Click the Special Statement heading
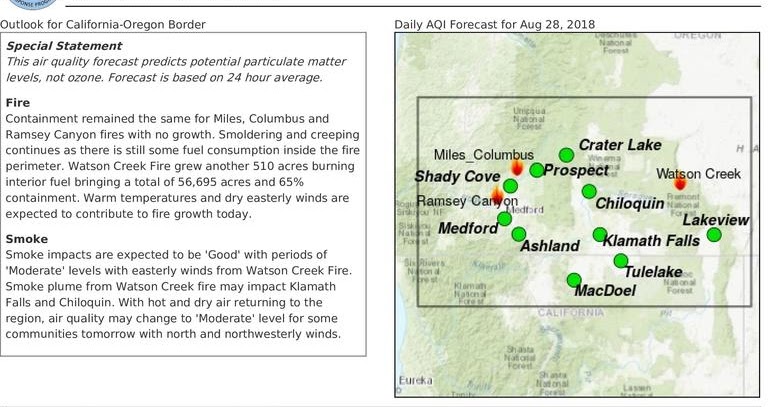64,46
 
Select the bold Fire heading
18,102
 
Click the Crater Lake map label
620,145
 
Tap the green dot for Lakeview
714,235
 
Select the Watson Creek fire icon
680,182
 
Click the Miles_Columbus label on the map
470,154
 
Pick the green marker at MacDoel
574,280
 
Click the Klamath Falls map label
652,241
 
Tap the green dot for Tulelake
620,261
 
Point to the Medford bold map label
468,228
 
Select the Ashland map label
550,246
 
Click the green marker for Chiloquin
589,191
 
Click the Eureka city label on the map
415,381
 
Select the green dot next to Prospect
537,170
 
